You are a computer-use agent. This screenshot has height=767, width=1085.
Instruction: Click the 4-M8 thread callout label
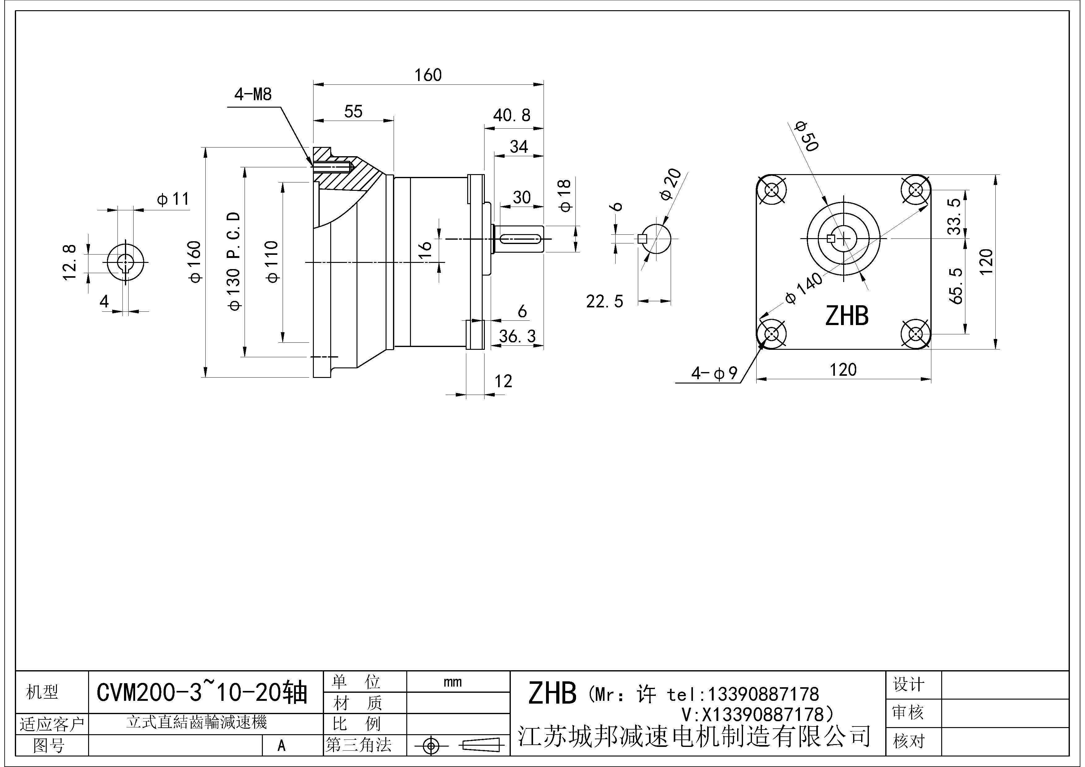point(253,95)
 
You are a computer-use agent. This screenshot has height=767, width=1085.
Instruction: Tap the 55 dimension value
point(353,112)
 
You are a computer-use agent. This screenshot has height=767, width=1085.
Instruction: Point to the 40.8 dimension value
point(511,115)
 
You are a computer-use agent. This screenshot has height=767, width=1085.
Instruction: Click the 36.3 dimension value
point(517,336)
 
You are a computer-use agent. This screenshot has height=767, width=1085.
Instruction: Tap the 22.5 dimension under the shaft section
point(604,302)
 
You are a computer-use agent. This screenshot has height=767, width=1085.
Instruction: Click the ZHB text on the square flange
point(846,316)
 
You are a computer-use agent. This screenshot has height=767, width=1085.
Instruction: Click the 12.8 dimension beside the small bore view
point(70,262)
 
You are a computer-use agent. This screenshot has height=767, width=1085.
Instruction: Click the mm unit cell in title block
point(452,682)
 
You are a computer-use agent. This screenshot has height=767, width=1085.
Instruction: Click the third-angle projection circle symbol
point(430,746)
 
